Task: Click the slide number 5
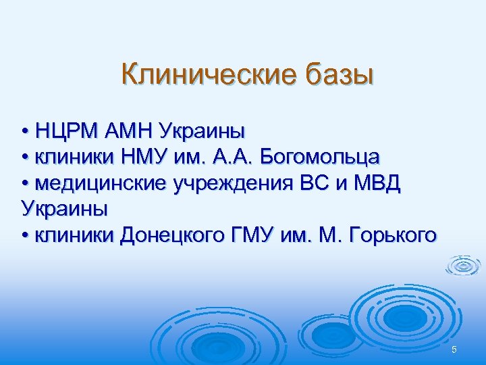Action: [454, 349]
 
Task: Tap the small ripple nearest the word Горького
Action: [462, 265]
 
